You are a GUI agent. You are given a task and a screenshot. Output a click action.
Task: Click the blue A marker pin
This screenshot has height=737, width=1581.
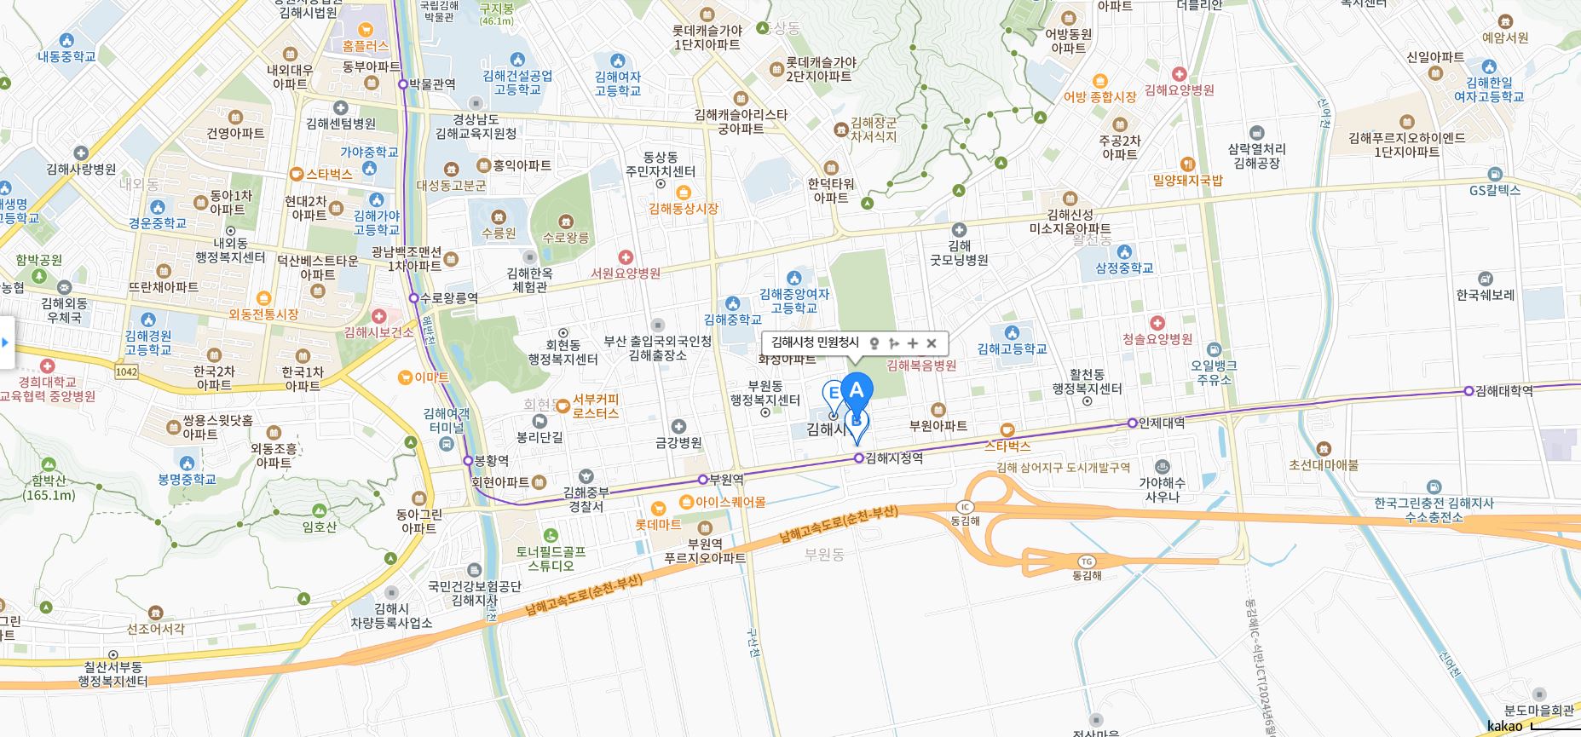(x=857, y=391)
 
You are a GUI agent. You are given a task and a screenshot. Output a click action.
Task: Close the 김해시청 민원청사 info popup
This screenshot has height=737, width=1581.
(x=932, y=343)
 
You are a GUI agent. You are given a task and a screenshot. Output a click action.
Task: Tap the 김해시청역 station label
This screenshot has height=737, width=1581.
(x=894, y=458)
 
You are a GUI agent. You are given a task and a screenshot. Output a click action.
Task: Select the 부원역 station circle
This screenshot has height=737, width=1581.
(x=703, y=480)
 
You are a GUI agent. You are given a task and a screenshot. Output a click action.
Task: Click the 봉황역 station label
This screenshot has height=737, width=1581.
(x=492, y=460)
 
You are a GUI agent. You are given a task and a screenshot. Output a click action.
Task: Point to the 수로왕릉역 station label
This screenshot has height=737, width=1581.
(x=449, y=298)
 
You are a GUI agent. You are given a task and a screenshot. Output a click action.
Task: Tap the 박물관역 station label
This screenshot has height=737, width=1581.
(x=432, y=84)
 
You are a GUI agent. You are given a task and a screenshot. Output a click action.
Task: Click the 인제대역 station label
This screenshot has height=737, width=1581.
(x=1162, y=423)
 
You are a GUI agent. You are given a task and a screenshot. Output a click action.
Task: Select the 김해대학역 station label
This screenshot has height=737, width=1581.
(x=1504, y=391)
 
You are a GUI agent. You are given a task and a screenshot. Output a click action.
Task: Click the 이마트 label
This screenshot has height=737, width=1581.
(x=431, y=377)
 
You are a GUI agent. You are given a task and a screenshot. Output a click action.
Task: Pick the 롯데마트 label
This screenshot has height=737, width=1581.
(x=658, y=525)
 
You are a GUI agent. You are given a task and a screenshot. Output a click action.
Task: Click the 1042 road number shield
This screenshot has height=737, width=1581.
(x=126, y=371)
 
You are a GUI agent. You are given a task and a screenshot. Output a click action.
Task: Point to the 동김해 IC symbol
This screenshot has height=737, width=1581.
(x=965, y=508)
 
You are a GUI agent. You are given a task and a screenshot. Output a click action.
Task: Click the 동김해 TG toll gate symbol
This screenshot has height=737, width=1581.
(x=1086, y=561)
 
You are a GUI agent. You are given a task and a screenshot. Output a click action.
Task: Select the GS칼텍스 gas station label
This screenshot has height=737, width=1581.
(x=1495, y=190)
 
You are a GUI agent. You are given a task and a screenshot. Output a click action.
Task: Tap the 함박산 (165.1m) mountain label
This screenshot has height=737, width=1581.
(x=49, y=488)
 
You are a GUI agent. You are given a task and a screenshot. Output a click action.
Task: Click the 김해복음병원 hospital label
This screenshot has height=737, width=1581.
(x=921, y=366)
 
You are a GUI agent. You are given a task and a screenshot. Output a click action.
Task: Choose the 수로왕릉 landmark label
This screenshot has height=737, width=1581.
(x=566, y=238)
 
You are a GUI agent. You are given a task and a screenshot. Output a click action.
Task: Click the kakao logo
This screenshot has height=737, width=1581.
(x=1504, y=727)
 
